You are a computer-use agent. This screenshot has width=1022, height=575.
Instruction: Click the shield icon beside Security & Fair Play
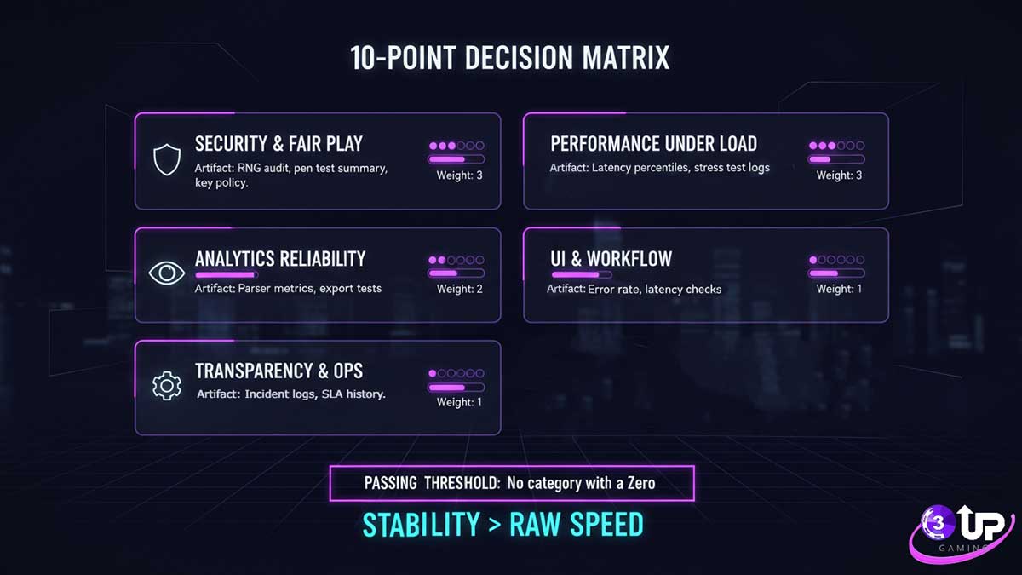pyautogui.click(x=166, y=159)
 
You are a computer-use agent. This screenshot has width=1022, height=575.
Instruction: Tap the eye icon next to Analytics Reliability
pyautogui.click(x=166, y=273)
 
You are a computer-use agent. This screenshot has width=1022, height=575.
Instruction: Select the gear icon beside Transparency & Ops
pyautogui.click(x=166, y=386)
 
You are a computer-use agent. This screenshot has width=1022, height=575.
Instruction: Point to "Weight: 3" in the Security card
pyautogui.click(x=460, y=175)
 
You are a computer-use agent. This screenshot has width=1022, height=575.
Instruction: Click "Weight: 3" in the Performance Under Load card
pyautogui.click(x=839, y=175)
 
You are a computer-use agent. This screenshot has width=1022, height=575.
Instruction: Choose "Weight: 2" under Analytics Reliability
pyautogui.click(x=460, y=289)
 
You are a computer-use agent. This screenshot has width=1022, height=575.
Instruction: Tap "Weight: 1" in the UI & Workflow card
pyautogui.click(x=839, y=289)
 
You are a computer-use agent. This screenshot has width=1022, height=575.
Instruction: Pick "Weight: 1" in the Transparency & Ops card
pyautogui.click(x=460, y=401)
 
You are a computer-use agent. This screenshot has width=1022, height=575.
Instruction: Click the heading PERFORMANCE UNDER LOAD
pyautogui.click(x=653, y=144)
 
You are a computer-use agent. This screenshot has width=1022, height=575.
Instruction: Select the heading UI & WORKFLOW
pyautogui.click(x=611, y=258)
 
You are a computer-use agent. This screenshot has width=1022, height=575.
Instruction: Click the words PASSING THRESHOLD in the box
pyautogui.click(x=431, y=483)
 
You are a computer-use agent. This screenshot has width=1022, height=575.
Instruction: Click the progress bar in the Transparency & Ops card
pyautogui.click(x=456, y=388)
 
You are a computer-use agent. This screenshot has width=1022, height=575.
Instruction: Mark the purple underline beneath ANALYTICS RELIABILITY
pyautogui.click(x=226, y=274)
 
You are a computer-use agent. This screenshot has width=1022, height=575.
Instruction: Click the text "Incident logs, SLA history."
pyautogui.click(x=315, y=394)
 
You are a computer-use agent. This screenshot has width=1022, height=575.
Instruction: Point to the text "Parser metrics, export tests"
pyautogui.click(x=310, y=289)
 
